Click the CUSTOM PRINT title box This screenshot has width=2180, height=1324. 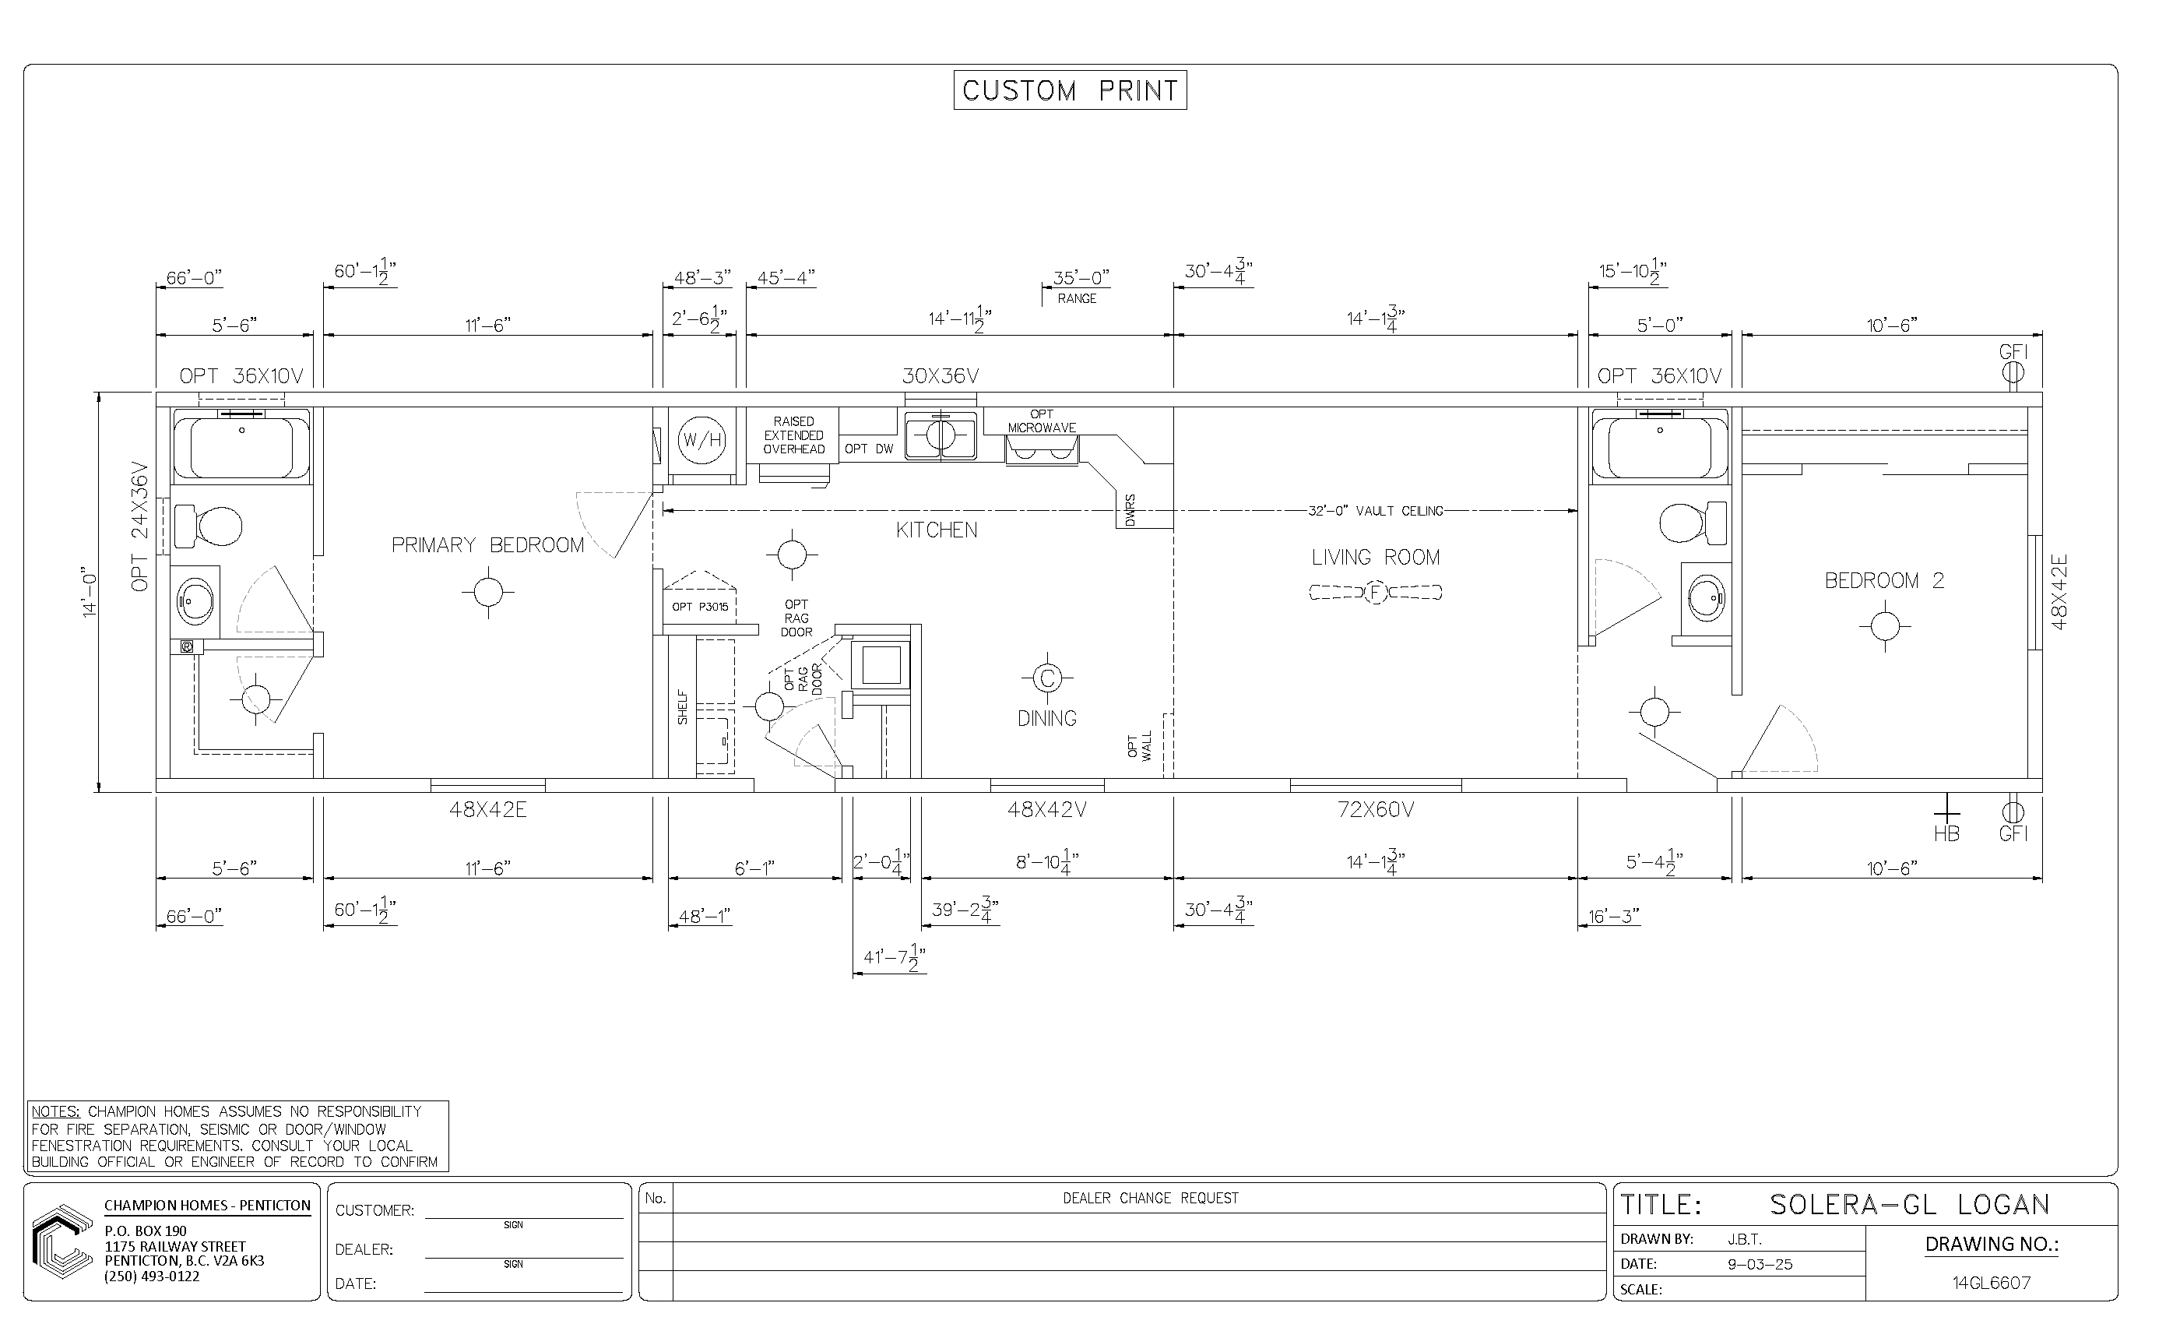point(1070,90)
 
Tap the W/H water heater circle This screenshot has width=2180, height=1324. point(702,440)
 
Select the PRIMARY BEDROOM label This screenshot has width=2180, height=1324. point(487,545)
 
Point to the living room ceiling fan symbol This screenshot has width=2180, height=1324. point(1375,592)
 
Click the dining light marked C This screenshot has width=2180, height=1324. point(1047,678)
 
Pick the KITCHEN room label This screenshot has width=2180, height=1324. point(937,530)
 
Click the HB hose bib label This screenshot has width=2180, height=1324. point(1946,833)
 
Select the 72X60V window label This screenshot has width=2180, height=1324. point(1375,809)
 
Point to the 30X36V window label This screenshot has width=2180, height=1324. point(941,376)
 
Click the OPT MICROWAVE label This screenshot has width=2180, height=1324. point(1043,421)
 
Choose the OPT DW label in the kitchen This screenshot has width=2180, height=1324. point(869,449)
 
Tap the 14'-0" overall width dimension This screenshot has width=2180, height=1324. point(90,591)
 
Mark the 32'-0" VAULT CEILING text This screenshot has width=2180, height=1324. point(1375,511)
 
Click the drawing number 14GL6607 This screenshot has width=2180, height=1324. point(1992,1283)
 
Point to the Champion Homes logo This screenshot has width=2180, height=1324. point(62,1241)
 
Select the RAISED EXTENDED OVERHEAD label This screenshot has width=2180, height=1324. point(793,435)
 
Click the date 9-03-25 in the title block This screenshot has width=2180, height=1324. point(1760,1265)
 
